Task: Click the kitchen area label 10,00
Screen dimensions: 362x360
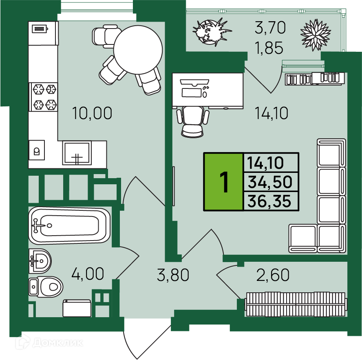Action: click(92, 113)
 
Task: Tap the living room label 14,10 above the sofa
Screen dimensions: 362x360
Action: click(271, 113)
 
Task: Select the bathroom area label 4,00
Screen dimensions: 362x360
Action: click(88, 274)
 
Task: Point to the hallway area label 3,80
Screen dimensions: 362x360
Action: click(173, 275)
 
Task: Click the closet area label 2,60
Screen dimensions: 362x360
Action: click(273, 275)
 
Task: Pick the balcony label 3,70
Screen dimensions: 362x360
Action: click(270, 27)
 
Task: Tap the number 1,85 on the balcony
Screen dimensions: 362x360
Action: click(269, 48)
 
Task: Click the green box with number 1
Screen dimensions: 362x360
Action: click(223, 181)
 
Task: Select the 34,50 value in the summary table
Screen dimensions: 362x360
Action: click(270, 182)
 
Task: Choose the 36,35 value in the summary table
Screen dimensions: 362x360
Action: click(269, 201)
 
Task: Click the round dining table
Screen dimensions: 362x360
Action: click(138, 50)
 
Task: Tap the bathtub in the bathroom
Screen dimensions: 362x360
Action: click(69, 225)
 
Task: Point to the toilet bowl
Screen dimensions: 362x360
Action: click(46, 287)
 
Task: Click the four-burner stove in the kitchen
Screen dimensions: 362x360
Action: click(43, 97)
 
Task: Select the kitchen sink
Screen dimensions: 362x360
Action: click(77, 153)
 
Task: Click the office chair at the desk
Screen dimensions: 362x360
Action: click(193, 121)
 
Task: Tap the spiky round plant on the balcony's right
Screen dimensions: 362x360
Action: click(316, 35)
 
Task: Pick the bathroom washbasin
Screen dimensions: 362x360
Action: click(40, 261)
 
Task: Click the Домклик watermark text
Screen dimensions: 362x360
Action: click(58, 343)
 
